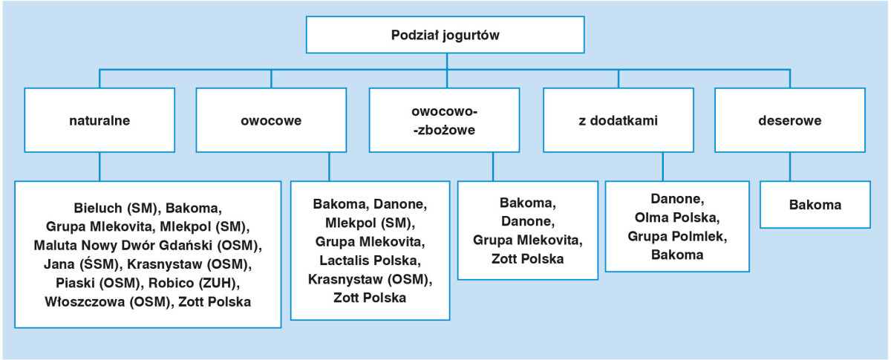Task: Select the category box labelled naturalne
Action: (x=99, y=120)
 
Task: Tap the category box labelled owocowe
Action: (x=271, y=120)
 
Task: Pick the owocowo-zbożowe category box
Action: (x=444, y=120)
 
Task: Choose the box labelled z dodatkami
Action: (x=618, y=120)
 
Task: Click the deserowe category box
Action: (x=789, y=120)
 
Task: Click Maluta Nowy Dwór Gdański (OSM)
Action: (x=148, y=244)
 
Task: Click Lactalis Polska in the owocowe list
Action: (x=370, y=261)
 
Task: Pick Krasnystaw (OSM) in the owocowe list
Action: (x=370, y=280)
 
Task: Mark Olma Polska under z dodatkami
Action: (x=676, y=217)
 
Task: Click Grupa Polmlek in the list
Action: (x=676, y=237)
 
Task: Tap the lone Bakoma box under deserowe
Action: (x=815, y=206)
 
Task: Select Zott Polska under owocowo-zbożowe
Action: (x=527, y=259)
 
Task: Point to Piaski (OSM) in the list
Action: (x=88, y=283)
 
